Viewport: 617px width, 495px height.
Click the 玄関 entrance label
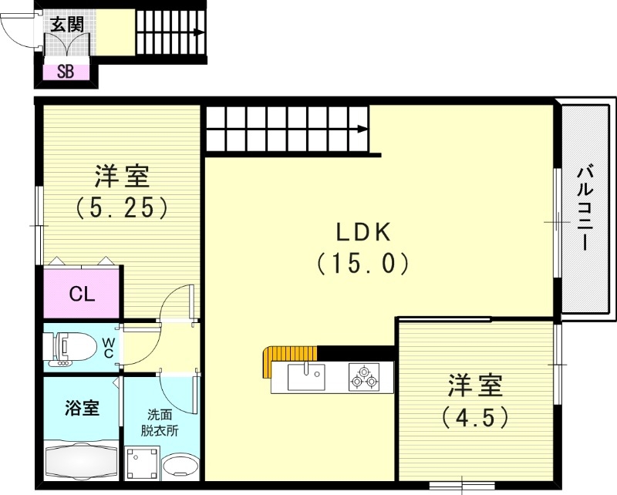click(66, 24)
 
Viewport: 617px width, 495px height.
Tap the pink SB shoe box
click(66, 74)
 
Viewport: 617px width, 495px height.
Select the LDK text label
click(363, 231)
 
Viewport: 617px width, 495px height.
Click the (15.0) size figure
click(362, 264)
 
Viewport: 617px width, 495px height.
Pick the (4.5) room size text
click(476, 417)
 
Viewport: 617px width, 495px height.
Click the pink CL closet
click(82, 294)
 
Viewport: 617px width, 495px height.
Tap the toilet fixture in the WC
click(72, 347)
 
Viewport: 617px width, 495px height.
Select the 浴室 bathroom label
click(81, 407)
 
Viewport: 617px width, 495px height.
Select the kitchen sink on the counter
click(307, 377)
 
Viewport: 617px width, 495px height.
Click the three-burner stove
click(363, 377)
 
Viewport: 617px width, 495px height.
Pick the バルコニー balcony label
click(584, 207)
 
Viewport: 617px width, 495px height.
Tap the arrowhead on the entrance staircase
click(198, 32)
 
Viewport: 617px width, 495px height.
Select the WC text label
click(109, 347)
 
